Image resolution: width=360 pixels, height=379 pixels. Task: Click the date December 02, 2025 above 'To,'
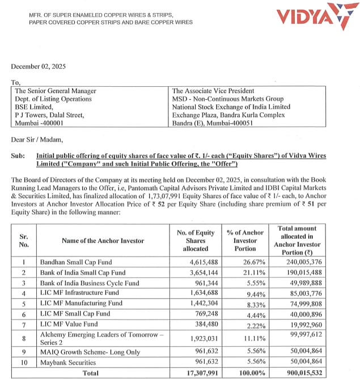(39, 66)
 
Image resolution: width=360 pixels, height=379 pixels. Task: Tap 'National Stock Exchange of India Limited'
(231, 107)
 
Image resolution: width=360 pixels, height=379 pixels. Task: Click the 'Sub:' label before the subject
(18, 155)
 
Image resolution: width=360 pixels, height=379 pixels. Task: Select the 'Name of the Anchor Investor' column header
(103, 241)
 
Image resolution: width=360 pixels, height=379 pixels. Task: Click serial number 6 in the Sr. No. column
(23, 314)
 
